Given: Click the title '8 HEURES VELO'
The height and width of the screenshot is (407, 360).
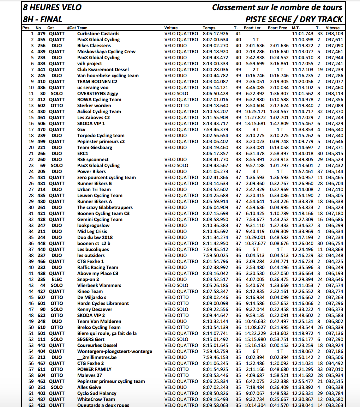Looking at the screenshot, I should [x=52, y=7].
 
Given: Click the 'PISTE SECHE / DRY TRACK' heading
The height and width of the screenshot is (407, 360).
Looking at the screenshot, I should [x=294, y=19].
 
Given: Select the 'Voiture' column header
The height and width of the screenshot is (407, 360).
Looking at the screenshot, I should [x=171, y=28].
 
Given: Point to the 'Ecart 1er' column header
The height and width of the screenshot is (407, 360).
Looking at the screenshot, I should [x=252, y=28].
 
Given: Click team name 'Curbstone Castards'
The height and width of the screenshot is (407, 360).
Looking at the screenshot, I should [x=98, y=34].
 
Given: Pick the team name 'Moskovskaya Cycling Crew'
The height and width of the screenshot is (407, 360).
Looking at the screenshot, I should [x=106, y=51].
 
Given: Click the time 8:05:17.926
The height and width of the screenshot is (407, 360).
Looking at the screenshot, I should [x=215, y=34].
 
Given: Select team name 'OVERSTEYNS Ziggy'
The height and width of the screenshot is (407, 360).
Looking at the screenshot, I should [x=97, y=93].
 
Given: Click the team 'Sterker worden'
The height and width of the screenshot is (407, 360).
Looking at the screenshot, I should [x=94, y=105].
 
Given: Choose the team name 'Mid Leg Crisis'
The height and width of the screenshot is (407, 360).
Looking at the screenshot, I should [x=92, y=231].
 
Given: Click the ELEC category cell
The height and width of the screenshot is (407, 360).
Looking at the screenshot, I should [x=56, y=279].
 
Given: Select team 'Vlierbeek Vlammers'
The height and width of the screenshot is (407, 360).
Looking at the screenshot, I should [x=99, y=285].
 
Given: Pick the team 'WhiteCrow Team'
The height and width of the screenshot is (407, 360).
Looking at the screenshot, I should [x=96, y=399].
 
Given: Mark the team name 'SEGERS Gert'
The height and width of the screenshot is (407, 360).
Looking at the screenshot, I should [x=91, y=339].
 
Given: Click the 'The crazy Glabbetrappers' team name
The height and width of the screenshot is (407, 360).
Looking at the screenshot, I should [x=105, y=207].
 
